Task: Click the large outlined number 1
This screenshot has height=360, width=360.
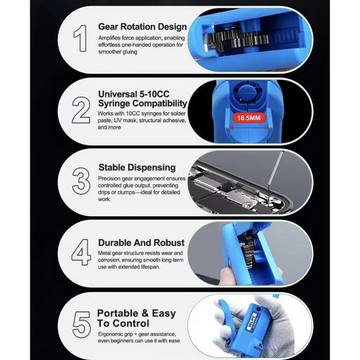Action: [81, 39]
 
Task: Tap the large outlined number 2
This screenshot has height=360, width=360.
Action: [81, 110]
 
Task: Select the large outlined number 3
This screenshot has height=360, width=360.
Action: [81, 181]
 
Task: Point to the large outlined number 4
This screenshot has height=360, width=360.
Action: [81, 253]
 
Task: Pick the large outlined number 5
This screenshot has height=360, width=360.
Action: [81, 325]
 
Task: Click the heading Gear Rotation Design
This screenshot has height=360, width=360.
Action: [142, 27]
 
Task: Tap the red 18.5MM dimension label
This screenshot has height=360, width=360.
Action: [249, 118]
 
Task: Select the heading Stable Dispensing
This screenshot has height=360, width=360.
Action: [137, 167]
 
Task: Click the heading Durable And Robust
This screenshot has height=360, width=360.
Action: [141, 243]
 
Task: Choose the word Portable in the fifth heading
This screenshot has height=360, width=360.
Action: [118, 313]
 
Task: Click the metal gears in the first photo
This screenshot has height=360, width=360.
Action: [237, 39]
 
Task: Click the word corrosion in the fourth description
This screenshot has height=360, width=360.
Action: [109, 260]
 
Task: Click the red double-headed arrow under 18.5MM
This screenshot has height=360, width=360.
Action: [249, 127]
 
